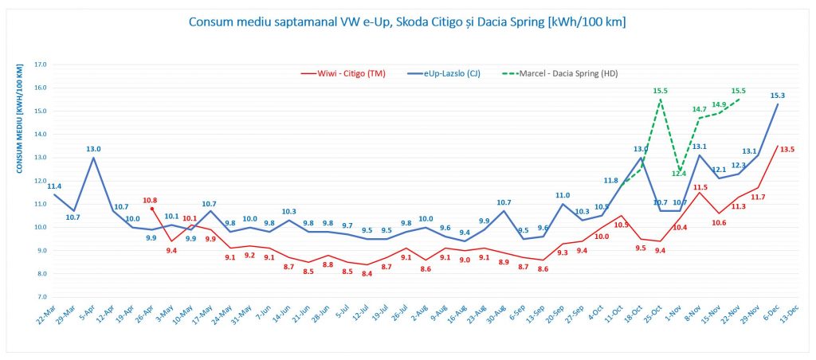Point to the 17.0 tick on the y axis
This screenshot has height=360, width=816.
click(x=41, y=65)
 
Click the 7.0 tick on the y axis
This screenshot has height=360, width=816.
click(x=41, y=297)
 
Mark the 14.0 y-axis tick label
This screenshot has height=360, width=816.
click(x=41, y=135)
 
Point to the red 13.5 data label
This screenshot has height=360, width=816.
click(x=787, y=149)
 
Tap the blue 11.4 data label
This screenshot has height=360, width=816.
click(x=56, y=186)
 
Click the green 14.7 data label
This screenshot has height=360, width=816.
click(x=700, y=109)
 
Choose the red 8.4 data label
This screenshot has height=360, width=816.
click(x=367, y=274)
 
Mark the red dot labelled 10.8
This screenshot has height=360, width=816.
click(x=152, y=209)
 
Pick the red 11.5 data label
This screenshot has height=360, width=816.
click(x=700, y=187)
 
